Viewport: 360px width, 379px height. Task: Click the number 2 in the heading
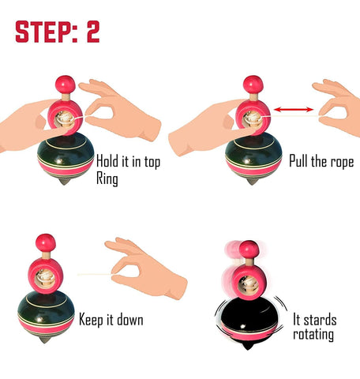93,32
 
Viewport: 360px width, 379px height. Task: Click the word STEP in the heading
43,32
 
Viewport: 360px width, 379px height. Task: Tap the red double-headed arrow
294,109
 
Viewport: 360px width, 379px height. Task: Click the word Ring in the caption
107,178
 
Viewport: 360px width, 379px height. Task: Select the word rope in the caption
342,161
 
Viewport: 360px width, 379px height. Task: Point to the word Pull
298,160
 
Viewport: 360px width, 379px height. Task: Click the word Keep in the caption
92,321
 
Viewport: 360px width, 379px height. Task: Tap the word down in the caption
130,320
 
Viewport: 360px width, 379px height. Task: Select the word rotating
313,335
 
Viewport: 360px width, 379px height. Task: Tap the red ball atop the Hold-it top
66,84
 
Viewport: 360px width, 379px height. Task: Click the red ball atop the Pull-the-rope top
253,84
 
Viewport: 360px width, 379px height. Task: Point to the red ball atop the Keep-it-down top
46,243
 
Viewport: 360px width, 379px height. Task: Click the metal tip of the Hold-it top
65,182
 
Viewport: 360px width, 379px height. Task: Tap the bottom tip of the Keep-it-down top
45,340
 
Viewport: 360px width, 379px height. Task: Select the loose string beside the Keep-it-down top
95,275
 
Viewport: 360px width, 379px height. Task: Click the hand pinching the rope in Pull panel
338,108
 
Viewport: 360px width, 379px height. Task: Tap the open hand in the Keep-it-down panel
146,268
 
